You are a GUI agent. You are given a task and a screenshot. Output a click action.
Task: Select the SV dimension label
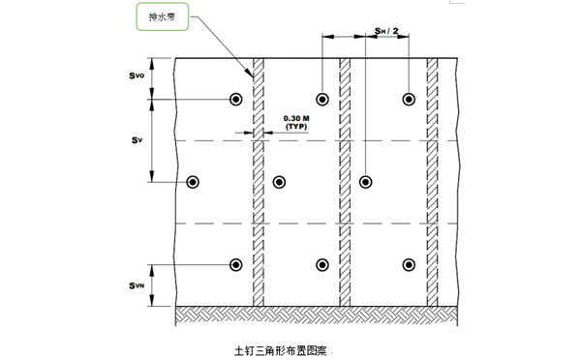click(137, 140)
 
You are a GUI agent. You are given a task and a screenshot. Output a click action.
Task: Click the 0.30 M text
click(296, 118)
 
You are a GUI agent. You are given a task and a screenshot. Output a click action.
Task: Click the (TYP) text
click(296, 127)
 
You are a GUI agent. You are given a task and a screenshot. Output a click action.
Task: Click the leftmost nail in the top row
click(235, 100)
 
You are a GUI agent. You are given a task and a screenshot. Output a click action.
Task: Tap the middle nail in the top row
click(322, 100)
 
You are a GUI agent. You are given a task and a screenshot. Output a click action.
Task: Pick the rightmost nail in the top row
click(410, 100)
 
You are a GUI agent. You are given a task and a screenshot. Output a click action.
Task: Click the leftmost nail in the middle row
click(193, 182)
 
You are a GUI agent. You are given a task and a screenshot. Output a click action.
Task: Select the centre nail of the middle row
click(279, 182)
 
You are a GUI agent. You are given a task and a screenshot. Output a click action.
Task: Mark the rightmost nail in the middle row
click(366, 182)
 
